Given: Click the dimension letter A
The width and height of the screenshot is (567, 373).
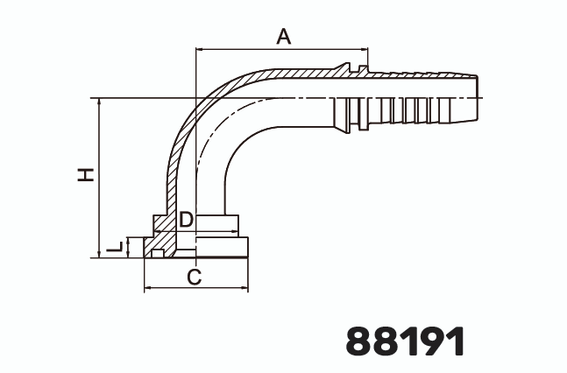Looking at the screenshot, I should click(x=283, y=36).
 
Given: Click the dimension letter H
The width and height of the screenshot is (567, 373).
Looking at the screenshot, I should click(x=85, y=174).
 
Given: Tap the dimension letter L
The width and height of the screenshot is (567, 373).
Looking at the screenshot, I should click(x=114, y=248).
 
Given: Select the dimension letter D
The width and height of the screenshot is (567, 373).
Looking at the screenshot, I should click(x=185, y=220).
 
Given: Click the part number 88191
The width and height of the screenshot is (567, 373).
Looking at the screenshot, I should click(x=405, y=341).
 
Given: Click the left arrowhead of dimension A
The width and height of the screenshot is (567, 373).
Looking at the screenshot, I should click(x=199, y=51).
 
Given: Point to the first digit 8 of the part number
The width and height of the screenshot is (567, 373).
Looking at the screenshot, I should click(x=361, y=341).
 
